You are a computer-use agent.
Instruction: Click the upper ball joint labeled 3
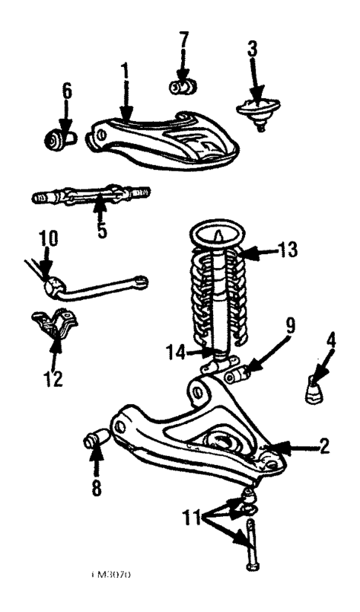pos(256,111)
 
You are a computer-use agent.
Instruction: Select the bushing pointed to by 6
pos(58,138)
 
